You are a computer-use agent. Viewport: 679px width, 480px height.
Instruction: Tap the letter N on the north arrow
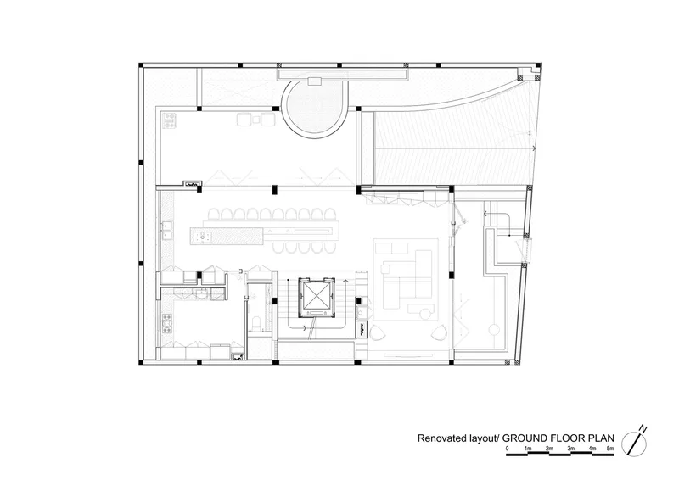click(644, 429)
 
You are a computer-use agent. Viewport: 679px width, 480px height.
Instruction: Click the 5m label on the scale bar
click(610, 449)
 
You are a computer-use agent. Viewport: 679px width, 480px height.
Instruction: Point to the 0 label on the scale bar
click(507, 449)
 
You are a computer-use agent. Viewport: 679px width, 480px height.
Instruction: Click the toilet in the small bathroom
click(256, 322)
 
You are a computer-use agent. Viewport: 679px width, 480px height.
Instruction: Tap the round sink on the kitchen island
click(203, 237)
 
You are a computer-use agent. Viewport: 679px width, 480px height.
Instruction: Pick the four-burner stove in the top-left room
click(169, 120)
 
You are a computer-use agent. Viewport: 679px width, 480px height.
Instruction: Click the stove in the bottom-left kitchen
click(166, 323)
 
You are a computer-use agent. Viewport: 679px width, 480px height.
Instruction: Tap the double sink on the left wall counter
click(166, 231)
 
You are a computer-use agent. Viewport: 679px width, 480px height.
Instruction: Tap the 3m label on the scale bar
click(570, 449)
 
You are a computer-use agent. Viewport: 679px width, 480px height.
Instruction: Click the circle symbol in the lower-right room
click(494, 330)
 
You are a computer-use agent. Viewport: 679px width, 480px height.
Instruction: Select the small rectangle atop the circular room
click(314, 81)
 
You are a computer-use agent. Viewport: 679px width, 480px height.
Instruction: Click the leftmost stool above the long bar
click(214, 214)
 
